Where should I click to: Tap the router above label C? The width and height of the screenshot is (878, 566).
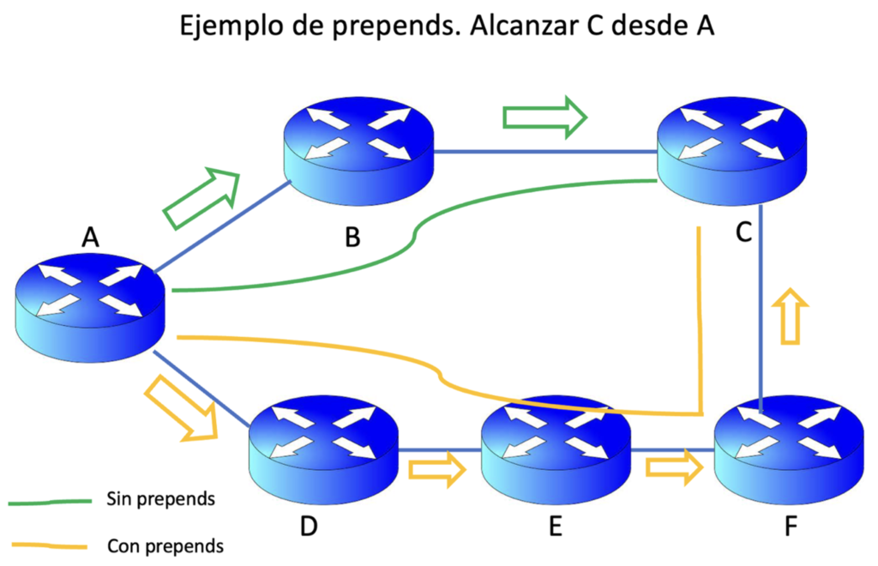pyautogui.click(x=731, y=153)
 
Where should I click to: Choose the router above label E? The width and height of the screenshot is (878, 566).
pyautogui.click(x=556, y=444)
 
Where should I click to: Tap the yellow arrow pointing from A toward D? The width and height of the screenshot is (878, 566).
pyautogui.click(x=181, y=410)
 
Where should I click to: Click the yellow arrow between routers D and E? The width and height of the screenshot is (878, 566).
pyautogui.click(x=437, y=469)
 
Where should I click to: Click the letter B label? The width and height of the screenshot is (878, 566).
pyautogui.click(x=352, y=238)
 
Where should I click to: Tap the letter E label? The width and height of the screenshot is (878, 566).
pyautogui.click(x=555, y=526)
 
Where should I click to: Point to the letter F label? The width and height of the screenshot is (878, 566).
pyautogui.click(x=790, y=526)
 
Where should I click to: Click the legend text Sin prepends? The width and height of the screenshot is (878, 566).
pyautogui.click(x=160, y=498)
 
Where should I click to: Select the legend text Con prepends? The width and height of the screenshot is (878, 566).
pyautogui.click(x=165, y=545)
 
